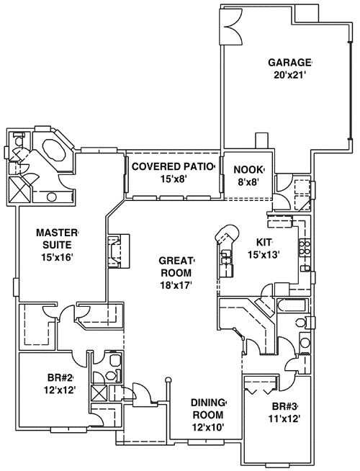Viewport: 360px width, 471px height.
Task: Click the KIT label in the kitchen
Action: point(264,243)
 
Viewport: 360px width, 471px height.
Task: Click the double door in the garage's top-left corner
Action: point(233,23)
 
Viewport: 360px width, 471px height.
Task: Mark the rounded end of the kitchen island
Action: point(228,233)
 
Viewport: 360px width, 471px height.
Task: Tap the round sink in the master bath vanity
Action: point(52,197)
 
